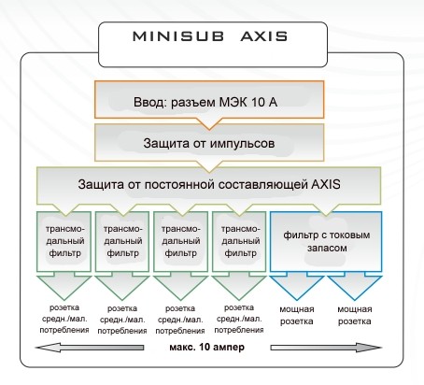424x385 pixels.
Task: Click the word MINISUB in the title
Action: point(178,36)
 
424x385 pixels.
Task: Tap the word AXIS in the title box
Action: point(264,36)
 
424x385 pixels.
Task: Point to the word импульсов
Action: point(242,144)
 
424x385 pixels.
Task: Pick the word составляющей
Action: point(263,184)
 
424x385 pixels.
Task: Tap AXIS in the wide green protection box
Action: point(326,184)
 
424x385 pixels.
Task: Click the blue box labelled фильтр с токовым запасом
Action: point(326,242)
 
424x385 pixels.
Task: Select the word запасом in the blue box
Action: point(327,249)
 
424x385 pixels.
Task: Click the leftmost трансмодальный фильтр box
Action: point(64,242)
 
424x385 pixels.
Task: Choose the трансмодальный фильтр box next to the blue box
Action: point(239,242)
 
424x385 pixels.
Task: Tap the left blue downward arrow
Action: point(297,285)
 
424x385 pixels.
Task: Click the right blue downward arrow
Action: point(355,285)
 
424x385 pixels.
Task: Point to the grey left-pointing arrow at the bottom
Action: point(90,348)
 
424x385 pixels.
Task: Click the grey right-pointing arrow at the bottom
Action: point(326,348)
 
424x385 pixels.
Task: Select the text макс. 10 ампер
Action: point(207,347)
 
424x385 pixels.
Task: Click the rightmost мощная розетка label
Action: point(355,315)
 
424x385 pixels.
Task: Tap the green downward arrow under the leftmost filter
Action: point(64,286)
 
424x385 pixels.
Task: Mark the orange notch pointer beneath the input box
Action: point(209,123)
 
